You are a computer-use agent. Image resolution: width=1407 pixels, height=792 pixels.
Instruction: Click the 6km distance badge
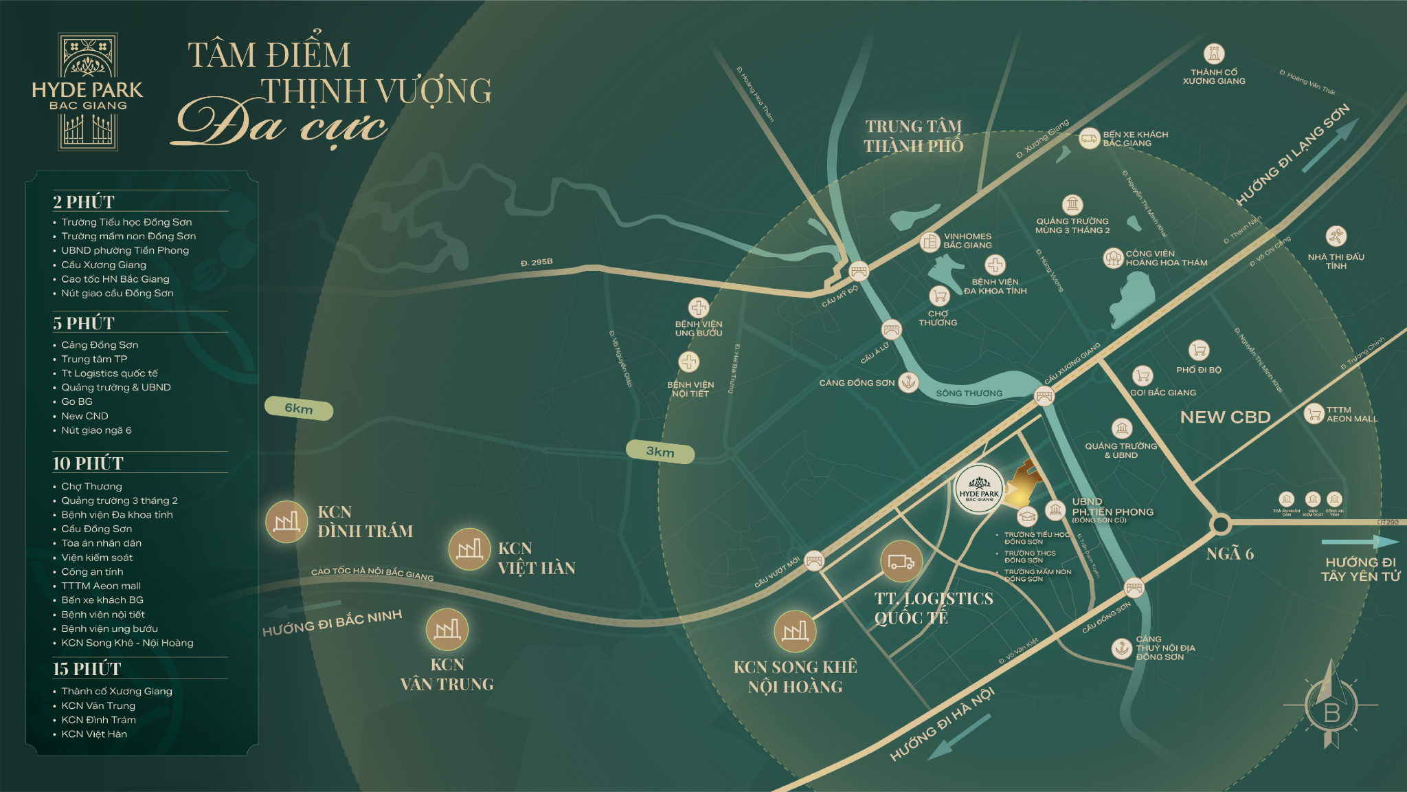[x=299, y=408]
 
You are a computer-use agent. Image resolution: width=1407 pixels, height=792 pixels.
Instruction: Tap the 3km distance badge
[x=660, y=452]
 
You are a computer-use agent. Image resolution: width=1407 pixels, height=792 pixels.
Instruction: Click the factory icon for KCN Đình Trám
[x=286, y=522]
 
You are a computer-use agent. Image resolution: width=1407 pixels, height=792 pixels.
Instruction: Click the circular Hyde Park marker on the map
[x=979, y=489]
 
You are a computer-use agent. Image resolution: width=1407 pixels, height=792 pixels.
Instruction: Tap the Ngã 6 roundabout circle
[x=1220, y=525]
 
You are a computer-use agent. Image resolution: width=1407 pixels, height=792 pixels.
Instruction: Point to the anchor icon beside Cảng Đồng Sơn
[x=908, y=382]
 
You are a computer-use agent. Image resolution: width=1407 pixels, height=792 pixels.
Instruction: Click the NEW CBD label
[x=1225, y=417]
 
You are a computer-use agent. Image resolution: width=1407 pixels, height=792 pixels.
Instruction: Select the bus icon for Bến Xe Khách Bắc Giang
[x=1089, y=138]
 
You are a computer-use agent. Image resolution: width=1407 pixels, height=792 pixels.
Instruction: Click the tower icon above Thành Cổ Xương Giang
[x=1214, y=54]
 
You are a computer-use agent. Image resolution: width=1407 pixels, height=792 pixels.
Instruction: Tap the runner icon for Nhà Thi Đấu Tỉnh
[x=1336, y=236]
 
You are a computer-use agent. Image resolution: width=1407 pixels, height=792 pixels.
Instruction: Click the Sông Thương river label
[x=969, y=393]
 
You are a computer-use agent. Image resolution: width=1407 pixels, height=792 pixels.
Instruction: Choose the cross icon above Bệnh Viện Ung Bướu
[x=699, y=307]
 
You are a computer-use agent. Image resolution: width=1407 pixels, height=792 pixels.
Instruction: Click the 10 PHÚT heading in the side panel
[x=88, y=463]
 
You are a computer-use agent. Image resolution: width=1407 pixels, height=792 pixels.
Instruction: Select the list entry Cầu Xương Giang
[x=104, y=265]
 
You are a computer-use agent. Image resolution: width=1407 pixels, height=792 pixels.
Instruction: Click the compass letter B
[x=1331, y=713]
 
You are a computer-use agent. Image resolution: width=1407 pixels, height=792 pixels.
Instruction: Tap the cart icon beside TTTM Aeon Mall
[x=1314, y=414]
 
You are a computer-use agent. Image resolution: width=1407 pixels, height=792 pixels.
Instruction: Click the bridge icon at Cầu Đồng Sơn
[x=1134, y=588]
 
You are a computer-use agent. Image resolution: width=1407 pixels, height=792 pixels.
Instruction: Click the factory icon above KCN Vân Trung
[x=447, y=629]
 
